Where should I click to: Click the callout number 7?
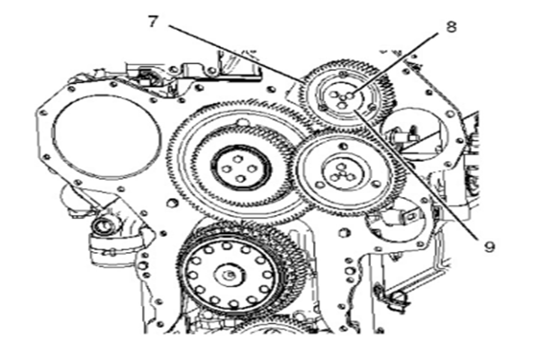(154, 22)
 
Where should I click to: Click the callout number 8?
(451, 26)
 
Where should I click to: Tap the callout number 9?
(489, 247)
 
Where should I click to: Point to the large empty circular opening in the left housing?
(107, 134)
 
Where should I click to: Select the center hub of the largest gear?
(240, 169)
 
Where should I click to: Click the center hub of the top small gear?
(341, 99)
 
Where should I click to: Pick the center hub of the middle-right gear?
(342, 173)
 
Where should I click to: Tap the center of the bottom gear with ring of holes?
(229, 274)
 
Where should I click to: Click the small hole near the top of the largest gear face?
(244, 122)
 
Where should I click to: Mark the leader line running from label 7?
(236, 53)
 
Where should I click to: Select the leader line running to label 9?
(416, 174)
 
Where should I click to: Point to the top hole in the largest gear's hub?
(238, 158)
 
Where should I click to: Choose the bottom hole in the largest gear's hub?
(240, 179)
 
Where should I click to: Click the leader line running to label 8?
(395, 63)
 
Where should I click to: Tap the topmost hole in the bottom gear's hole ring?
(226, 247)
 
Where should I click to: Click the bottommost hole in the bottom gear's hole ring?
(233, 304)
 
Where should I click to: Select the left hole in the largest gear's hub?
(226, 169)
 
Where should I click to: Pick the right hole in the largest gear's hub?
(252, 169)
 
